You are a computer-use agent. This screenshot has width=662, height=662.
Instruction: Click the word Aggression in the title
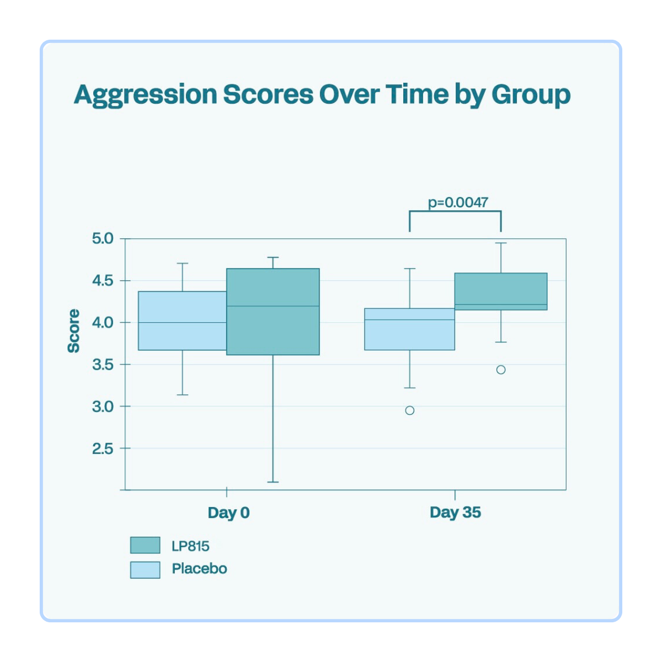pos(146,95)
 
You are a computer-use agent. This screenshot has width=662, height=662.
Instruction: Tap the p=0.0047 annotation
pos(458,202)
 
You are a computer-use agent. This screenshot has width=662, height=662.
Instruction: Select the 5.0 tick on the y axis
pos(102,239)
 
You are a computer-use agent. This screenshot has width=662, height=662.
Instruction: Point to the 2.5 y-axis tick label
pos(102,449)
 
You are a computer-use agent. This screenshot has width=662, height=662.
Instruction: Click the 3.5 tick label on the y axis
pos(102,365)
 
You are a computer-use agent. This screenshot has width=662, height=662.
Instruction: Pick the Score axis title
pos(73,330)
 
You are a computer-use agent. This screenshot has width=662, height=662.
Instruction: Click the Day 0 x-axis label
pos(228,512)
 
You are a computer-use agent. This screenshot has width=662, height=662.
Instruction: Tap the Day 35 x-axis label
pos(455,512)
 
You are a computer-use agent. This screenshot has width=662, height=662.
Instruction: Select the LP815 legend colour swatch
pos(145,545)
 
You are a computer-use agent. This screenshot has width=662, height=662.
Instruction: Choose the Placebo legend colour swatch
pos(145,569)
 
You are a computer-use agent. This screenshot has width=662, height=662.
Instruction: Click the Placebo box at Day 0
pos(182,337)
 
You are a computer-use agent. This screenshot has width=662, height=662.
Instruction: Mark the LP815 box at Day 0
pos(273,331)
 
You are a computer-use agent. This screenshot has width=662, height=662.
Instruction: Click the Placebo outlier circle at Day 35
pos(410,410)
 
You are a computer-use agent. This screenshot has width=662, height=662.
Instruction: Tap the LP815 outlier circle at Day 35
pos(501,370)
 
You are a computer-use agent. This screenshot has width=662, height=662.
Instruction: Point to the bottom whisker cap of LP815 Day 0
pos(273,482)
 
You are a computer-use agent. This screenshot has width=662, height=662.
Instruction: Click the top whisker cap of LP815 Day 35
pos(501,243)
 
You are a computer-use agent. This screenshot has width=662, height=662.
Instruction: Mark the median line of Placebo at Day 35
pos(410,319)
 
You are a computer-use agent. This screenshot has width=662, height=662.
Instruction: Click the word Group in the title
pos(531,95)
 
